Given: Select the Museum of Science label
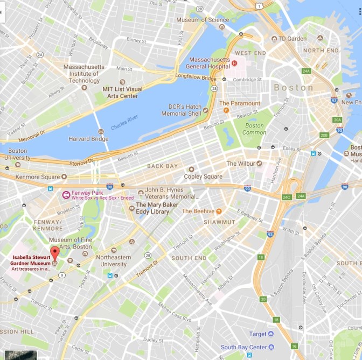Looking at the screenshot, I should click(x=203, y=20).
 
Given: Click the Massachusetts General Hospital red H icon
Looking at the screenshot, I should click(x=234, y=63).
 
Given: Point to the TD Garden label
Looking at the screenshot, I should click(x=293, y=39).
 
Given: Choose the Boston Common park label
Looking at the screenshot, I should click(x=254, y=129).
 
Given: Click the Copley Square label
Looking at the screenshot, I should click(x=203, y=177).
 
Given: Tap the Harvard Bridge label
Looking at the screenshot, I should click(x=88, y=139).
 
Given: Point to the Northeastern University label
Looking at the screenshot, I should click(x=113, y=260).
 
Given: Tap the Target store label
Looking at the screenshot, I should click(x=257, y=334).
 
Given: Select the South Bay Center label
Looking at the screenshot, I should click(x=243, y=347).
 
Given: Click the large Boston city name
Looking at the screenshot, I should click(x=293, y=87).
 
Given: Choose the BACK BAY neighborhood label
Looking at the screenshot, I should click(x=162, y=166).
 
